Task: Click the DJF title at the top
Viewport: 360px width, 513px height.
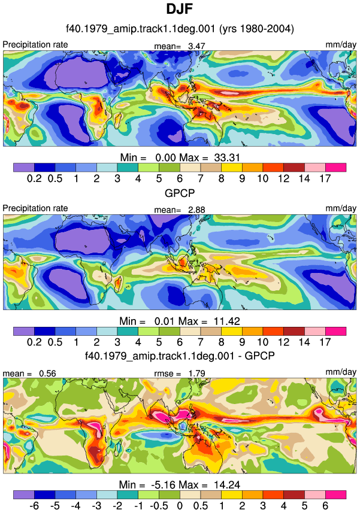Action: (x=179, y=9)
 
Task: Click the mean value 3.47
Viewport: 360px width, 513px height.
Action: (x=196, y=46)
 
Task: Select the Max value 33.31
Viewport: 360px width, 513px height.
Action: (x=227, y=157)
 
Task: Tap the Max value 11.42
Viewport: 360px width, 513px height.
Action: (x=227, y=321)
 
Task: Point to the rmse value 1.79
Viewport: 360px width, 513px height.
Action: (x=196, y=374)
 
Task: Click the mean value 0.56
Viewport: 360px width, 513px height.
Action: (x=47, y=374)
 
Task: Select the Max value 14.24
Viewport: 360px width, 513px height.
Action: (x=227, y=484)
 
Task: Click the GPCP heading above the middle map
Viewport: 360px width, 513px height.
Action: (x=180, y=193)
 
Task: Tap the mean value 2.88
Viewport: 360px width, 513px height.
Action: (x=196, y=210)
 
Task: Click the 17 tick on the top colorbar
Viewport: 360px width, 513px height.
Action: (x=325, y=178)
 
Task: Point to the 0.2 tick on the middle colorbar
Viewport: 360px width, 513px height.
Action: (x=34, y=342)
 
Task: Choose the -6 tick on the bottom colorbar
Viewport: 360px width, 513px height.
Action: (x=34, y=505)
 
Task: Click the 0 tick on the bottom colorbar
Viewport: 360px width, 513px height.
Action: (x=180, y=505)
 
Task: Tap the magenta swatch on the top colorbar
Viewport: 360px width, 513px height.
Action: (x=336, y=168)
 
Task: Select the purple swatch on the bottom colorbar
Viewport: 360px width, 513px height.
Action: (x=24, y=494)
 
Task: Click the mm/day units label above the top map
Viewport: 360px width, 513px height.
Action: (x=341, y=45)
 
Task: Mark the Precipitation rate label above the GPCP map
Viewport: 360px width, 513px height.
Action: (x=35, y=208)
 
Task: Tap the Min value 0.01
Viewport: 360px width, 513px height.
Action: (x=165, y=321)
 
